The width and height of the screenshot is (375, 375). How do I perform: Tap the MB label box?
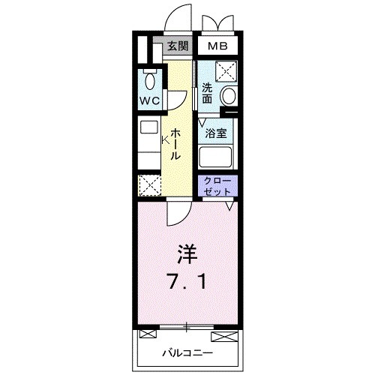(217, 46)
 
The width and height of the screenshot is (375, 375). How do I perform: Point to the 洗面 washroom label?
(208, 94)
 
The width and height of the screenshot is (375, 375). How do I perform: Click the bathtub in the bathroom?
(217, 157)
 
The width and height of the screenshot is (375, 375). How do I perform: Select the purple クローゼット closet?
(217, 186)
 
